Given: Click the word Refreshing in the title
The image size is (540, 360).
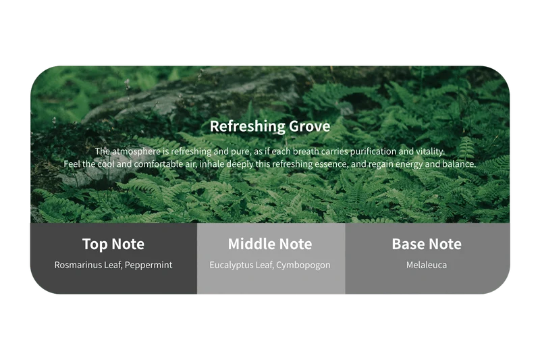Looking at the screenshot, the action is (x=248, y=126).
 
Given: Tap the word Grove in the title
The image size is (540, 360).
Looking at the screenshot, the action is (x=310, y=126).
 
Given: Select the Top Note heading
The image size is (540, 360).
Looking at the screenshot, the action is (x=113, y=245).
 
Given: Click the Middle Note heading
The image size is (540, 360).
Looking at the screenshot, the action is (x=270, y=244).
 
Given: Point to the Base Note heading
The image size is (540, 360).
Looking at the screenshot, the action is (x=427, y=244).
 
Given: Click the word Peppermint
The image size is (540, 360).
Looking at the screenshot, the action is (x=148, y=265).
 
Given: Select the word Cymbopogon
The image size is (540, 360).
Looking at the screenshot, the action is (x=303, y=265).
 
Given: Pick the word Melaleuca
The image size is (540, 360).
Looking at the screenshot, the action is (x=427, y=265).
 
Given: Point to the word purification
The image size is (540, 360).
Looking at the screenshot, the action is (x=373, y=151).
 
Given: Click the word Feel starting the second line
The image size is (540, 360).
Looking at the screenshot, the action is (x=72, y=164).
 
